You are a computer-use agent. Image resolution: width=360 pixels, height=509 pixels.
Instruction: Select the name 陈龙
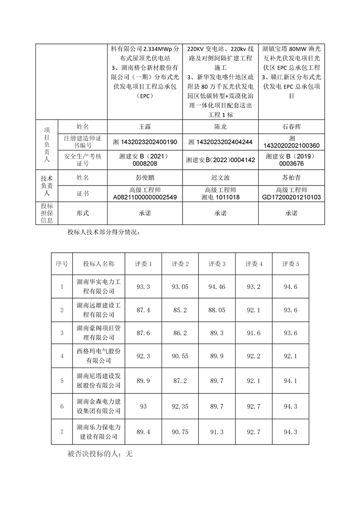point(220,127)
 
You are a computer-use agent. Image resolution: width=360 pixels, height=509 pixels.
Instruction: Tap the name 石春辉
point(291,127)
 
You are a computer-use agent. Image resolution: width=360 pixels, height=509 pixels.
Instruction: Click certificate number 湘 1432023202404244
point(220,142)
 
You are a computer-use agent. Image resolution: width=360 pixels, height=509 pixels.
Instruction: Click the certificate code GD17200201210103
point(291,197)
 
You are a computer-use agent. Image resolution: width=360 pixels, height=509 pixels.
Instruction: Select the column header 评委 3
point(217,264)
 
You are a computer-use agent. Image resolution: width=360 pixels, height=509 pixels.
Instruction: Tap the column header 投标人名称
point(99,264)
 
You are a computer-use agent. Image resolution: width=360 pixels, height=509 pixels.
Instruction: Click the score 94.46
point(217,286)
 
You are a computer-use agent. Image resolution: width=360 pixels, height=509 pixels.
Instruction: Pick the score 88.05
point(217,310)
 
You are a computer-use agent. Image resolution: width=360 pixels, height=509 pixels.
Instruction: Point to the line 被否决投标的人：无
point(99,453)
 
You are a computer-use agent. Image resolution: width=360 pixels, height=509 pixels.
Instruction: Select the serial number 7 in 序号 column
point(62,432)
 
